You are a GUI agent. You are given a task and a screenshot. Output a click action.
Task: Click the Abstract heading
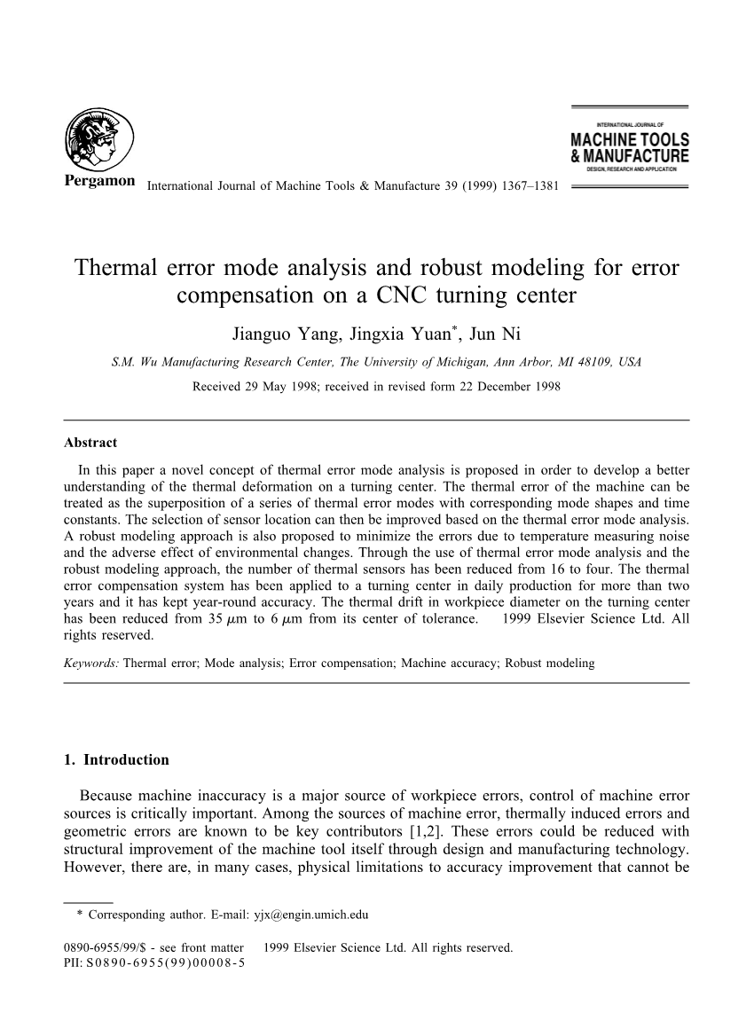tap(90, 443)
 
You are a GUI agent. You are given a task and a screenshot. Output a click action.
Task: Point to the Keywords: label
tap(92, 663)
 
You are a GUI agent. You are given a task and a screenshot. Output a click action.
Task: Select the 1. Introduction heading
tap(116, 759)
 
